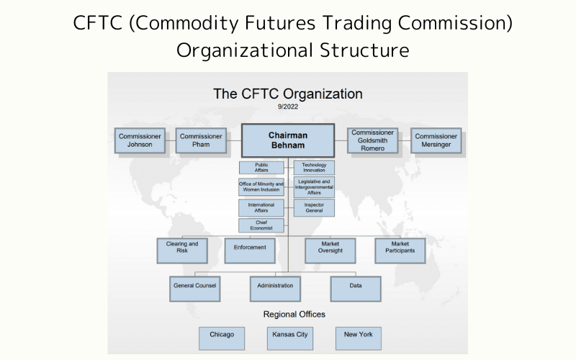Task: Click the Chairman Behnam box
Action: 287,140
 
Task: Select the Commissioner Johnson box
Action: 140,140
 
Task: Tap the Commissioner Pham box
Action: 201,140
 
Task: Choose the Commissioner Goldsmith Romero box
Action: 373,140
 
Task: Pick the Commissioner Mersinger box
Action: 436,140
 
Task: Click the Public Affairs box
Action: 261,168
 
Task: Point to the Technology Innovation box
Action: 314,168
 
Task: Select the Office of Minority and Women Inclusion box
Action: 261,187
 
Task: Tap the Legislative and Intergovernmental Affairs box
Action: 314,187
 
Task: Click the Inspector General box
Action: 314,208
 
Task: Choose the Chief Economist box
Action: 261,226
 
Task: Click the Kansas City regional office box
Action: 289,337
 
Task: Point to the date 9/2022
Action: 287,107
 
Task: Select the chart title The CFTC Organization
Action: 287,94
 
